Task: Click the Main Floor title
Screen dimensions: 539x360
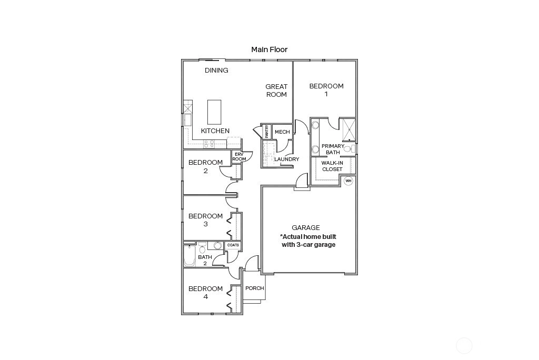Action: (x=269, y=49)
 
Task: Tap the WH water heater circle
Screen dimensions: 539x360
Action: (x=348, y=181)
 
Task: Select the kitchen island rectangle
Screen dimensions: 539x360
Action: (x=214, y=112)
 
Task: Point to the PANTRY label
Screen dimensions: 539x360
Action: (x=267, y=132)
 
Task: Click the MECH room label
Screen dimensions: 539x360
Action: (x=282, y=132)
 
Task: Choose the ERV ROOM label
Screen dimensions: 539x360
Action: (x=239, y=157)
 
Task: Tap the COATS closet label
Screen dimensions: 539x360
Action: (x=233, y=245)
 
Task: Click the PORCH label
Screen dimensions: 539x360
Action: (x=255, y=288)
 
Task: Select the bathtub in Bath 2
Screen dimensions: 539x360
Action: (x=189, y=256)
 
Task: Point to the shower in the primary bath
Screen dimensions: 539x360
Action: (x=349, y=129)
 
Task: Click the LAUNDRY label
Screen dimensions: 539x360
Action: (x=287, y=159)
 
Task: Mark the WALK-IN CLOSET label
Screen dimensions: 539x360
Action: (x=332, y=166)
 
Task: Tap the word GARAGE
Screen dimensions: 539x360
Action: (x=306, y=227)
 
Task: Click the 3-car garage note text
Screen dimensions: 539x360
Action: (x=308, y=241)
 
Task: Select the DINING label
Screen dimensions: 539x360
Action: (x=216, y=70)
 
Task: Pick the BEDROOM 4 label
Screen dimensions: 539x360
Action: (x=206, y=292)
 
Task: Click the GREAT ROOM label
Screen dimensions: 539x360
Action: (x=276, y=91)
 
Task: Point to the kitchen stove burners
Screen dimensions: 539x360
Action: (x=209, y=144)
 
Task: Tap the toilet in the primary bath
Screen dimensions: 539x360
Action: (x=348, y=149)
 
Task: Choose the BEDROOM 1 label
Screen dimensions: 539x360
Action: (x=326, y=90)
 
